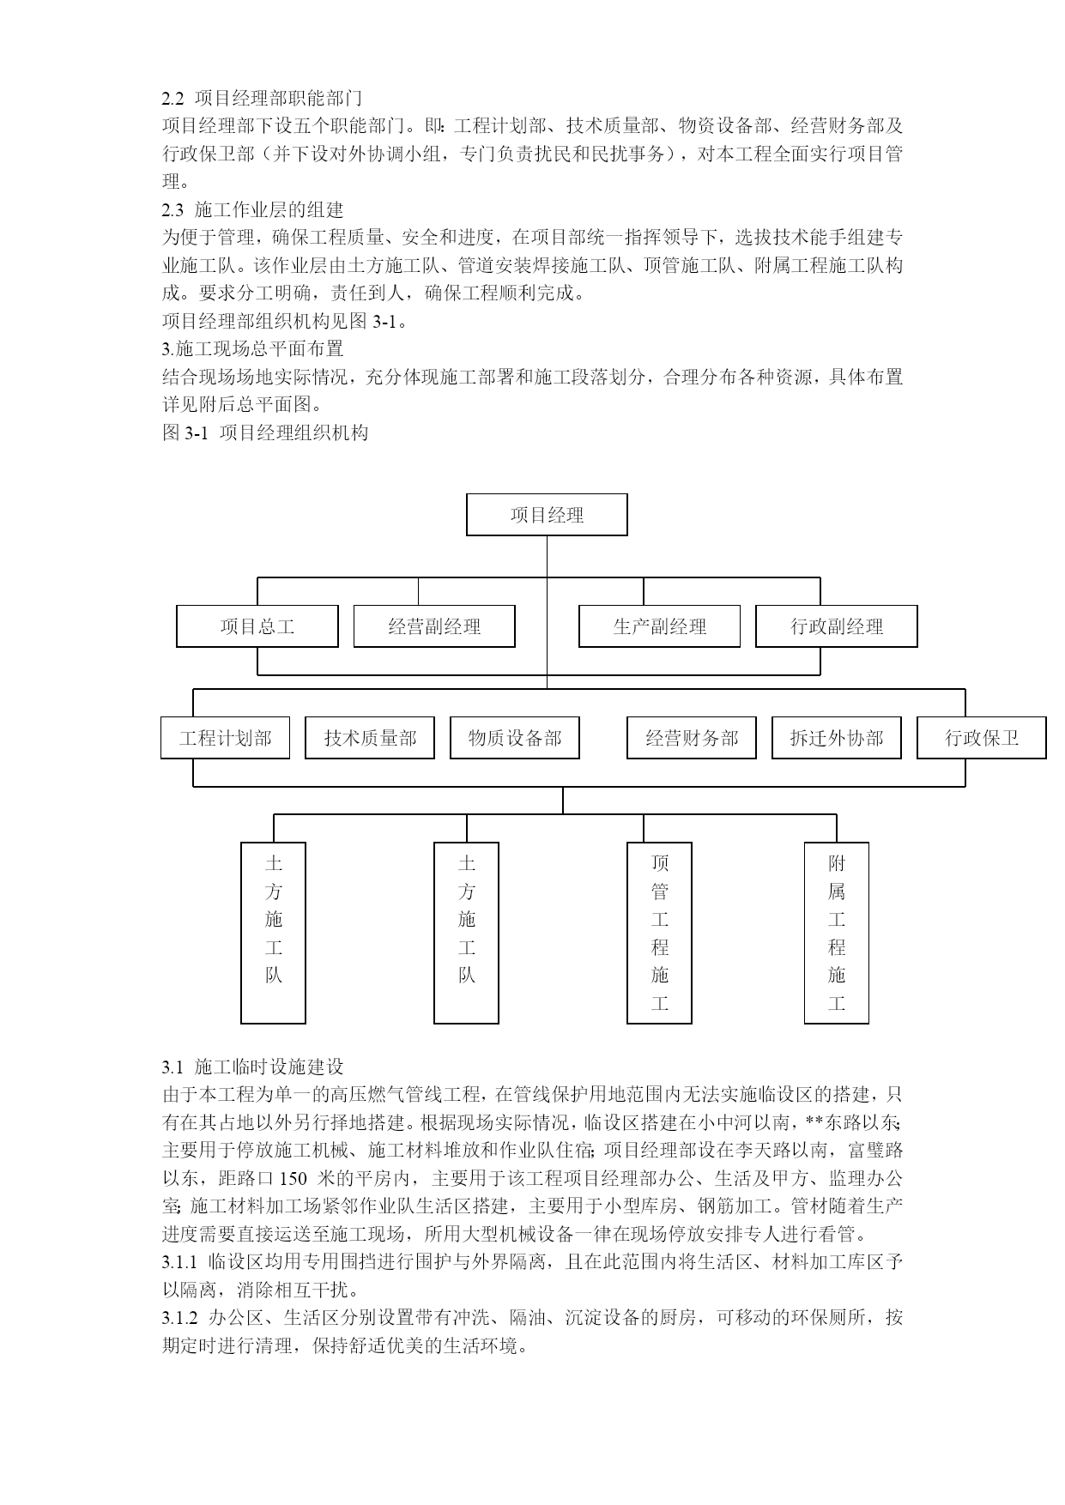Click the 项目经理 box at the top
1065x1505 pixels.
(x=547, y=515)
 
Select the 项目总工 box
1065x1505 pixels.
(x=257, y=626)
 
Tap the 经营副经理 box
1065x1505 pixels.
(x=434, y=626)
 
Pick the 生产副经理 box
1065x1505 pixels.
(x=659, y=626)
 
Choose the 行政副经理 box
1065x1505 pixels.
(x=837, y=626)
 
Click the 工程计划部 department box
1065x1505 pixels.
(x=226, y=738)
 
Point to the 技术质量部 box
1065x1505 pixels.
(x=370, y=738)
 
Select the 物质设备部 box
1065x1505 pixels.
(x=515, y=738)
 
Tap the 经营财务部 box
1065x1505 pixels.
(x=692, y=738)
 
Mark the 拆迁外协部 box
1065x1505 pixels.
(x=837, y=738)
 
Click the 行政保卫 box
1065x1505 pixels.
(x=982, y=738)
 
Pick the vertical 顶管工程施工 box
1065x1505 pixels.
(x=659, y=933)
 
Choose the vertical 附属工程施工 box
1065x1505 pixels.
(x=837, y=933)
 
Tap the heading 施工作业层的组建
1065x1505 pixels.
(x=269, y=209)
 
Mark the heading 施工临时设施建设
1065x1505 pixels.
(x=269, y=1067)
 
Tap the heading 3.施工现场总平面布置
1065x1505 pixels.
(x=253, y=349)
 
